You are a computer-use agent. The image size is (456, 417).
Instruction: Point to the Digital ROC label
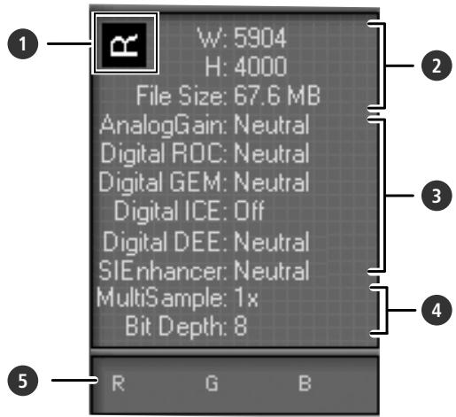(164, 153)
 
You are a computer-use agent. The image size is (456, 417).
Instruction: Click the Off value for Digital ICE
(253, 212)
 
